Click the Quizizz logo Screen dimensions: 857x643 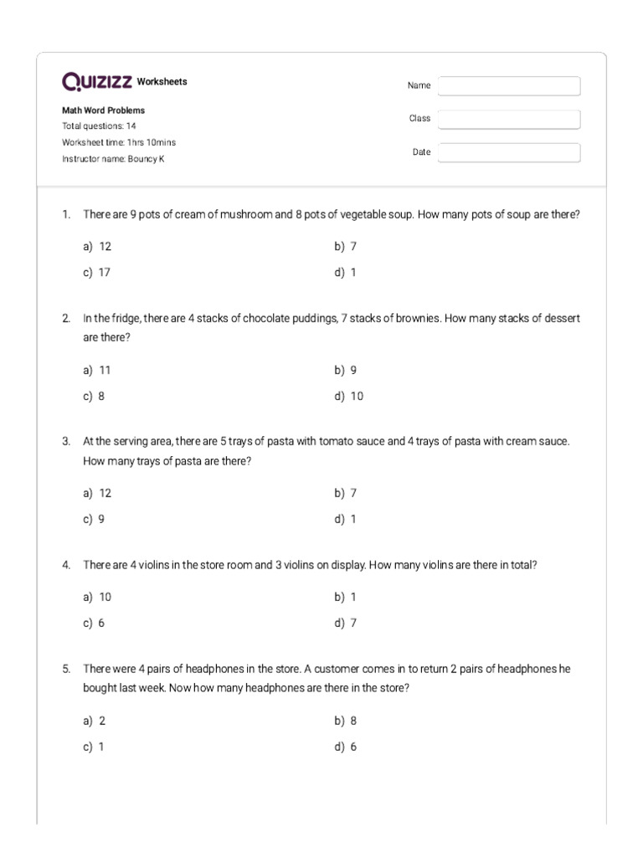point(97,81)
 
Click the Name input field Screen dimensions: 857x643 point(508,86)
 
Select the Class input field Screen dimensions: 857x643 point(508,120)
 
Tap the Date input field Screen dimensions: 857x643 point(508,152)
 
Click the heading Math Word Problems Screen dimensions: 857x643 point(103,110)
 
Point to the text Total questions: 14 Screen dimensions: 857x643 point(99,126)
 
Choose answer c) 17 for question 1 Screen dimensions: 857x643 point(97,273)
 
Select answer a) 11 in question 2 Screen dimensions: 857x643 point(97,370)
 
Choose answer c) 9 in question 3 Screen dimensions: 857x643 point(94,519)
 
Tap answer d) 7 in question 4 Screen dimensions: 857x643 point(346,623)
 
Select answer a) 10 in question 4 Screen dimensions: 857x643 point(97,597)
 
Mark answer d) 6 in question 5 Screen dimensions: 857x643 point(346,747)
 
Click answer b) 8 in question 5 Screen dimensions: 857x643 point(346,721)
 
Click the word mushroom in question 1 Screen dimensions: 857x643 point(246,215)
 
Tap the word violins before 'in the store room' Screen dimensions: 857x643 point(156,565)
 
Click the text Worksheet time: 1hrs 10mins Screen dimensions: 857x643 point(119,142)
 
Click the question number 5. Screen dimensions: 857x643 point(65,669)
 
